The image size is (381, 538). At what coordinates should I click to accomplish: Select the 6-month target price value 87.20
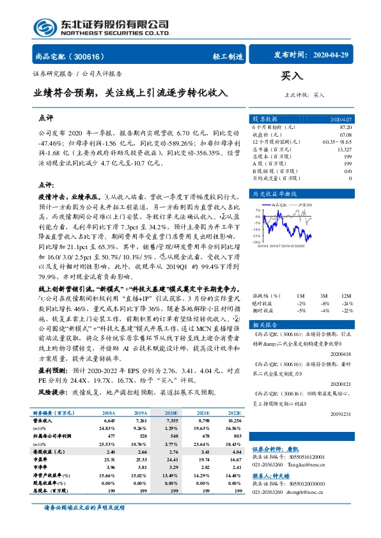[x=345, y=128]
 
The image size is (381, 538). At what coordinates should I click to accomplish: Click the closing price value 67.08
[x=345, y=134]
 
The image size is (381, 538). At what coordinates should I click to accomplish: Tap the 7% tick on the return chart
[x=256, y=209]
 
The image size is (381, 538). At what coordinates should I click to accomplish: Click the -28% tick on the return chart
[x=256, y=242]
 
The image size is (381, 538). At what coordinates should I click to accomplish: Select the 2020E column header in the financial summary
[x=172, y=414]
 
